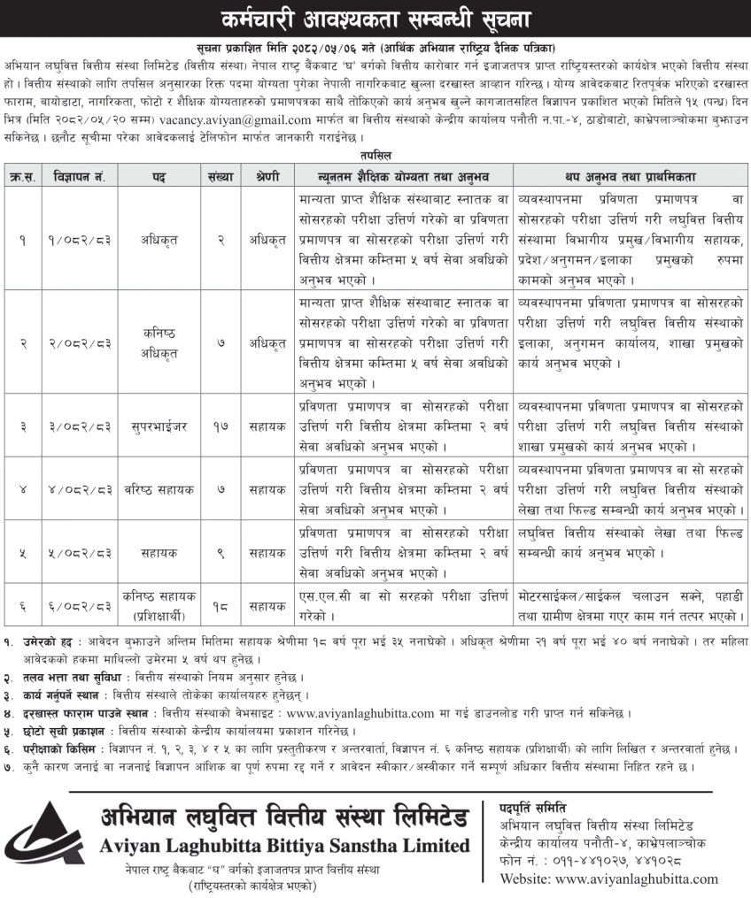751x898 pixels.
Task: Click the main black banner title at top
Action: pos(375,18)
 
